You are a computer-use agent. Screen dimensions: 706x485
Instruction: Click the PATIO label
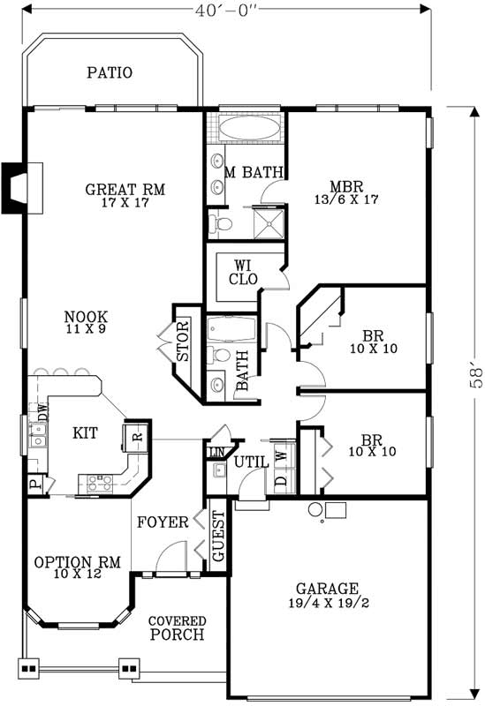[x=110, y=72]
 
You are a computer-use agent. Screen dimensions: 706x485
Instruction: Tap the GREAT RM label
[x=125, y=190]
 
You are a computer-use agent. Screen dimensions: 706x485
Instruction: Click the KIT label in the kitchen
[x=85, y=432]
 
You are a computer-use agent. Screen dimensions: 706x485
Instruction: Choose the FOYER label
[x=163, y=522]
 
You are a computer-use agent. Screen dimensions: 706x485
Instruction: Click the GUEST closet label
[x=218, y=537]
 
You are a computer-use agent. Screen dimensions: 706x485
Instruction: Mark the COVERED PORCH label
[x=177, y=627]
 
